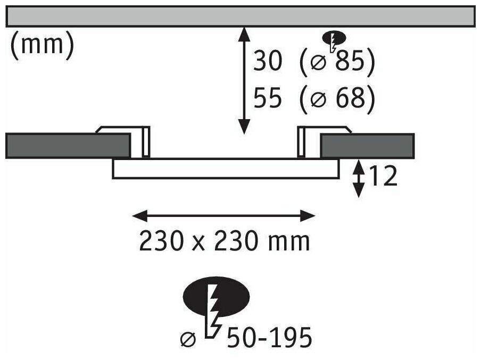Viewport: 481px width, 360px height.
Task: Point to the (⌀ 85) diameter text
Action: [337, 63]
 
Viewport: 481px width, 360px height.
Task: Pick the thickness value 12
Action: [382, 177]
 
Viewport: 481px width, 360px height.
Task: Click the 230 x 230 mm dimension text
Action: [224, 242]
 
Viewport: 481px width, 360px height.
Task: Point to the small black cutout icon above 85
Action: [334, 39]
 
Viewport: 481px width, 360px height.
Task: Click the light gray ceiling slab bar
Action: [239, 16]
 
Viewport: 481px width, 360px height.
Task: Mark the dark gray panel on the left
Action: [68, 145]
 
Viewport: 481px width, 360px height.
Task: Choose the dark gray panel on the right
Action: [367, 145]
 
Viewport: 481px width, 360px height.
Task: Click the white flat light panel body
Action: [226, 168]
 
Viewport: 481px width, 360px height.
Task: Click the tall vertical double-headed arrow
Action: [244, 80]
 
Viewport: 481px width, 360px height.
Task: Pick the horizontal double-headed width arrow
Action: [224, 215]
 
